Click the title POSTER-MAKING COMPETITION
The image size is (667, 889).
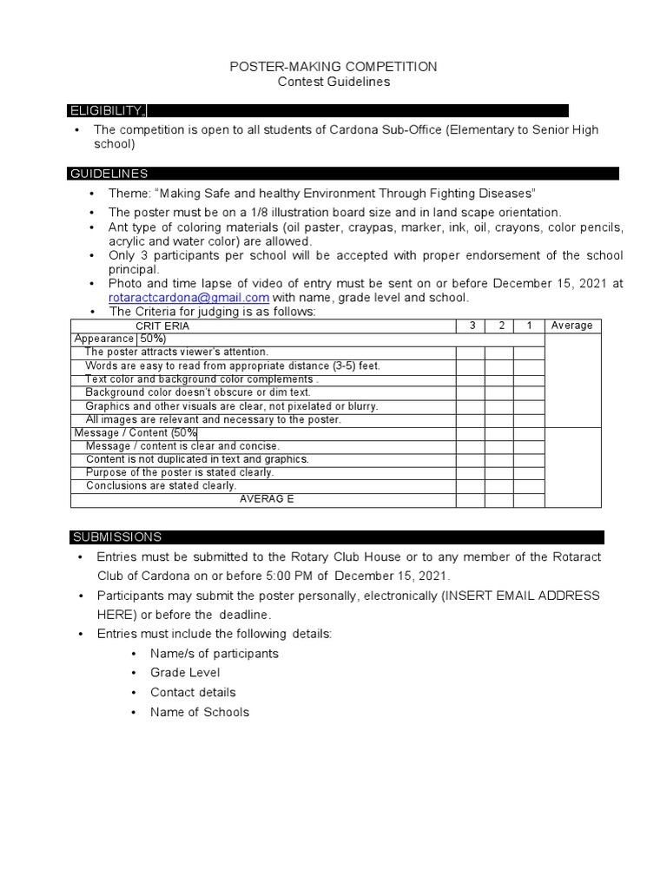(x=333, y=67)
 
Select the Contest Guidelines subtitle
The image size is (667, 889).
(x=333, y=82)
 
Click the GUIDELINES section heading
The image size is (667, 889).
(x=109, y=175)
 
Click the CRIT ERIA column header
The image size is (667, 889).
(x=162, y=326)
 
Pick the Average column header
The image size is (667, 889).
(x=571, y=326)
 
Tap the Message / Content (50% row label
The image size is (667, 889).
(x=135, y=432)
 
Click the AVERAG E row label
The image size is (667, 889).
(x=267, y=499)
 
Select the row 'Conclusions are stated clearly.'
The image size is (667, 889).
(x=161, y=486)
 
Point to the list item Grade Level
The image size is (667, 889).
(x=185, y=673)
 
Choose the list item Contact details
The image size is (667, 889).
(x=193, y=693)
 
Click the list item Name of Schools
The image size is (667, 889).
(x=199, y=713)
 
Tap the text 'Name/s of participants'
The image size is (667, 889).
(x=214, y=653)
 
